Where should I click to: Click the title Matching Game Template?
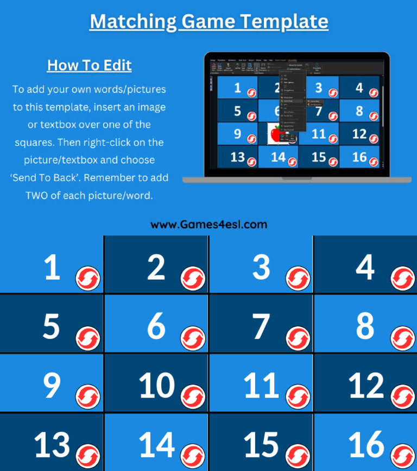coord(208,22)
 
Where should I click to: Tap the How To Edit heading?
coord(89,65)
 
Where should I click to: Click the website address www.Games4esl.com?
coord(208,224)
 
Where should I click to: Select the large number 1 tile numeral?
coord(52,268)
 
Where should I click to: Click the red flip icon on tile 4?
coord(402,278)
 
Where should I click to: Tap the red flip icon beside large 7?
coord(298,338)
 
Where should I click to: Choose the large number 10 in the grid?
coord(156,386)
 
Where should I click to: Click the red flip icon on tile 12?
coord(402,397)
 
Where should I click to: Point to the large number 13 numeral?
coord(52,445)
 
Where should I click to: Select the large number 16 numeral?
coord(367,445)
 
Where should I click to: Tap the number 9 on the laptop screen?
coord(238,133)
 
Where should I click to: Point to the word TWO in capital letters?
coord(39,195)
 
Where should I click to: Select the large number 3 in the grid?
coord(261,268)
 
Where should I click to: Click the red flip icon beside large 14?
coord(193,456)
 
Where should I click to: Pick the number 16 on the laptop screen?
coord(359,157)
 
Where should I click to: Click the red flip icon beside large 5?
coord(88,338)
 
